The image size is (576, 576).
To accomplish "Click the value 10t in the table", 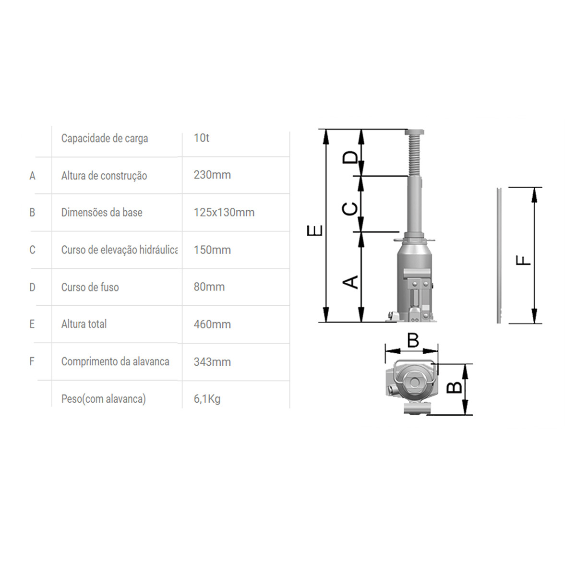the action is tap(202, 138).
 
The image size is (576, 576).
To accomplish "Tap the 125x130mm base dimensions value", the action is tap(224, 212).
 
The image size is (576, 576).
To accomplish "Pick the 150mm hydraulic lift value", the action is tap(212, 250).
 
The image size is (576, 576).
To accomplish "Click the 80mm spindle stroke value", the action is tap(209, 287).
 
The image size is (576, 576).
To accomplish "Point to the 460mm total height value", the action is tap(212, 324).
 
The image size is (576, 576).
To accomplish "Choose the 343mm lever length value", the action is tap(212, 362).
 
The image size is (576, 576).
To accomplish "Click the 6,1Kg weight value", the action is tap(207, 399).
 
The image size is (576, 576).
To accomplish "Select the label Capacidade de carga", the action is tap(105, 138).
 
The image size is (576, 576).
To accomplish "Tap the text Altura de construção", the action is tap(104, 176).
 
